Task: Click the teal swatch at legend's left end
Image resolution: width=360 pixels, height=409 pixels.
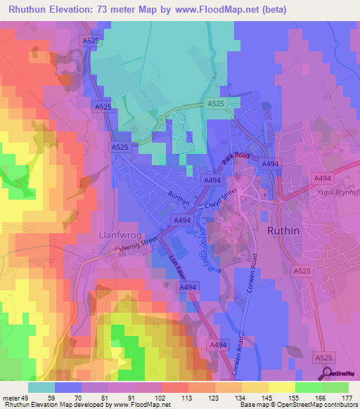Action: [41, 387]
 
